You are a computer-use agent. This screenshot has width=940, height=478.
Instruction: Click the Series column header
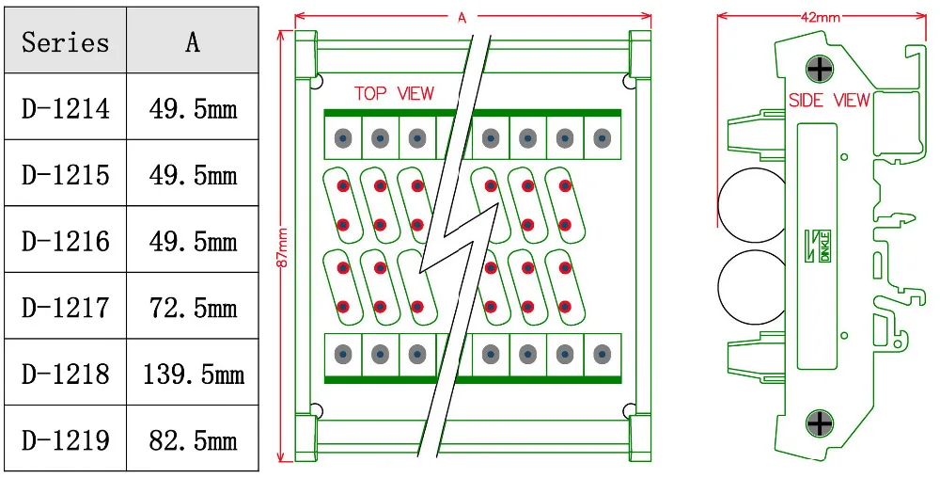tap(65, 41)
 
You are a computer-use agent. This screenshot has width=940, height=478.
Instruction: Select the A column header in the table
tap(192, 41)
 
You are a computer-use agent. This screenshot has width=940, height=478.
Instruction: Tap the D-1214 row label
tap(65, 108)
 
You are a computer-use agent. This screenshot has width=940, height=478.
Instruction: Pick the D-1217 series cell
tap(65, 308)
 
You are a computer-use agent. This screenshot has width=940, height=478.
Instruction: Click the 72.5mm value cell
tap(193, 308)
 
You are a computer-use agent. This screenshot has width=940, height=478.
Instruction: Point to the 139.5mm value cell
tap(193, 374)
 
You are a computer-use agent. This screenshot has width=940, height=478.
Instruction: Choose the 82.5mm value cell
tap(193, 440)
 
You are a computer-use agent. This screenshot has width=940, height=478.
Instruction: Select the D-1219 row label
tap(65, 440)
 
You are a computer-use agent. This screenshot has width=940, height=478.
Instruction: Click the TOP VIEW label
tap(394, 93)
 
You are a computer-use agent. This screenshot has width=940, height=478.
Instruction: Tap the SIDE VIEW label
tap(829, 100)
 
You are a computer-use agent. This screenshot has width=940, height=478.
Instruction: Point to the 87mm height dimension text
tap(282, 247)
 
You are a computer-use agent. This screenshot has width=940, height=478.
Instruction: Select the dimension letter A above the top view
tap(462, 17)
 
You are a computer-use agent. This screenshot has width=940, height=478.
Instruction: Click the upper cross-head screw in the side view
tap(821, 69)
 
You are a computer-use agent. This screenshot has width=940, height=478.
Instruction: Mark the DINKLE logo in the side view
tap(820, 247)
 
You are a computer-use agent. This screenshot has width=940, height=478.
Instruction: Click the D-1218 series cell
tap(65, 374)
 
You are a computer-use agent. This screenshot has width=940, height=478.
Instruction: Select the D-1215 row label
tap(65, 175)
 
